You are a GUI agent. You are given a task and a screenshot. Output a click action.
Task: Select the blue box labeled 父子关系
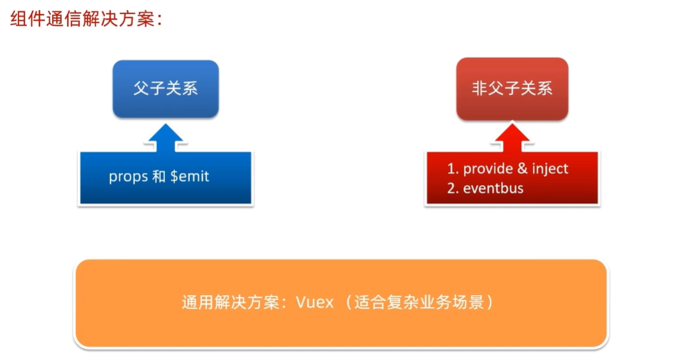166,89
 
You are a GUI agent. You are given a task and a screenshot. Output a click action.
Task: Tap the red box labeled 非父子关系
512,89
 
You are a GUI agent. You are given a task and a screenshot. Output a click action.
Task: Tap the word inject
550,169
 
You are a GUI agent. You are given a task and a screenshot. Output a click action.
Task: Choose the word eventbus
494,188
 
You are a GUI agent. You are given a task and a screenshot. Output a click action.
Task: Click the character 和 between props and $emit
160,177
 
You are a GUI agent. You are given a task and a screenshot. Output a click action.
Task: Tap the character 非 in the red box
480,89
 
